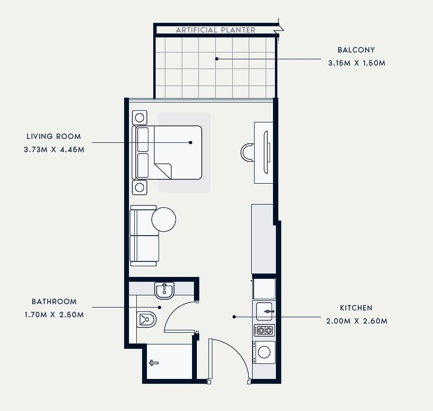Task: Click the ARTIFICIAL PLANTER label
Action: (x=215, y=30)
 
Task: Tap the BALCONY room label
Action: (x=356, y=50)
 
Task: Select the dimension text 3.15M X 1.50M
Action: (x=356, y=63)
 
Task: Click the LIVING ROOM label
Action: (x=54, y=136)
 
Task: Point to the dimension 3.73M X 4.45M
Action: (x=54, y=150)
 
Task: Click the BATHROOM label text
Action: (x=54, y=301)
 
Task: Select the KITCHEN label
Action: (x=356, y=308)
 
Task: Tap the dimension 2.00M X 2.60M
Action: (x=356, y=321)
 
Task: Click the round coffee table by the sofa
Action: (x=164, y=220)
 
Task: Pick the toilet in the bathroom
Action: (x=146, y=319)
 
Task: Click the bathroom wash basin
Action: (x=164, y=291)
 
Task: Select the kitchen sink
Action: (x=264, y=311)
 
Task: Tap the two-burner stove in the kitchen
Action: (x=264, y=330)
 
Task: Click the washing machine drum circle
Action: (x=264, y=352)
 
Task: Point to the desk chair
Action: (x=247, y=152)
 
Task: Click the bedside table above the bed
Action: (x=140, y=118)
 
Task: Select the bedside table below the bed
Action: (x=140, y=188)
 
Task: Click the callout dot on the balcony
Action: (x=217, y=59)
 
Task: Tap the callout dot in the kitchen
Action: (x=234, y=317)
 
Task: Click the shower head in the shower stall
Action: (x=154, y=363)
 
